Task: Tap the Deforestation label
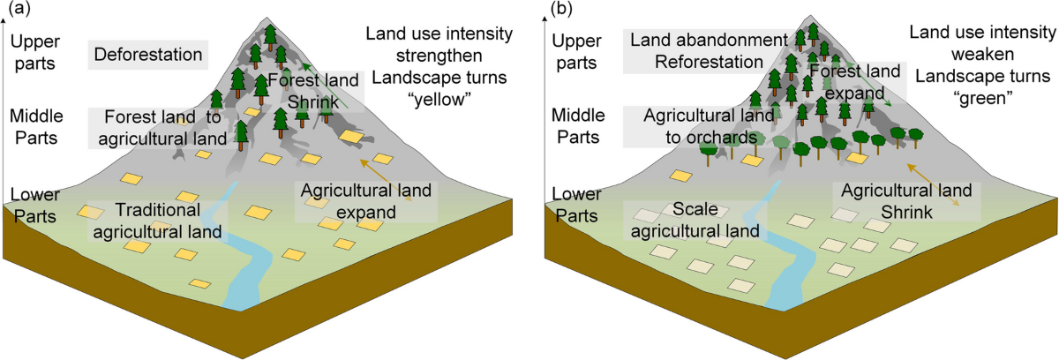pyautogui.click(x=147, y=56)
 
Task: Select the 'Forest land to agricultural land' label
pyautogui.click(x=161, y=126)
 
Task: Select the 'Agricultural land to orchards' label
pyautogui.click(x=702, y=126)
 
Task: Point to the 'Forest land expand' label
pyautogui.click(x=855, y=82)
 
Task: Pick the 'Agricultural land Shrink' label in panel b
pyautogui.click(x=906, y=201)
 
